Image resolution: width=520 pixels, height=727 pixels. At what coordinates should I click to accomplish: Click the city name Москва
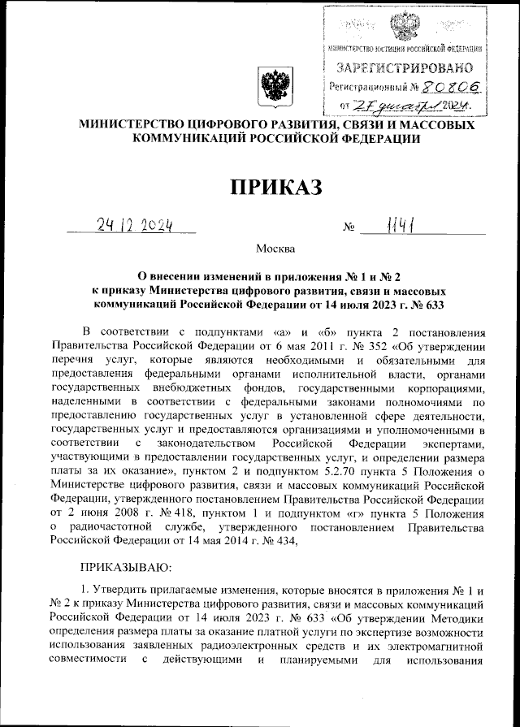coord(275,248)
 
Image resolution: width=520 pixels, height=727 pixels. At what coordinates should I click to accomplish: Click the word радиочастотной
coord(116,527)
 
